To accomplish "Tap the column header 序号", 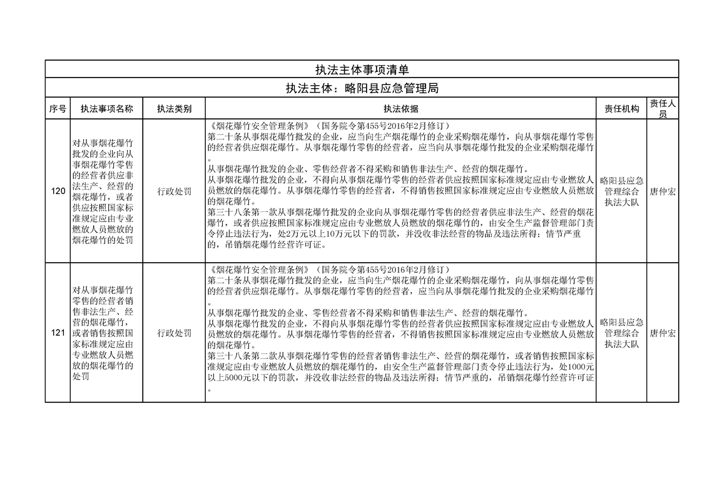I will (x=58, y=109).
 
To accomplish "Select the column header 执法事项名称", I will (x=107, y=109).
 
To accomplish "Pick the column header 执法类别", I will (x=174, y=109).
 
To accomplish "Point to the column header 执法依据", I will (x=401, y=109).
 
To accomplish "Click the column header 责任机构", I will (x=621, y=109).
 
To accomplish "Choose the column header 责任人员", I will (x=662, y=109).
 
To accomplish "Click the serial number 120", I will (x=58, y=191).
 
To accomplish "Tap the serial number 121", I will (x=58, y=333).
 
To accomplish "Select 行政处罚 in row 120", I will (x=174, y=191).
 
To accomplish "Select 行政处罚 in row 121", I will (x=174, y=333).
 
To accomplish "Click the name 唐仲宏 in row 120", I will (x=662, y=191).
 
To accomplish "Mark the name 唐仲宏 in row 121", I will (x=662, y=333).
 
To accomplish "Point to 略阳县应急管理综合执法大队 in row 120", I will (x=621, y=191).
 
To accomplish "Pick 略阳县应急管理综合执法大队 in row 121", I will (x=621, y=333).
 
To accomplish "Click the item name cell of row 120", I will (x=107, y=191).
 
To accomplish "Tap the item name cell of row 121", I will (x=107, y=333).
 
